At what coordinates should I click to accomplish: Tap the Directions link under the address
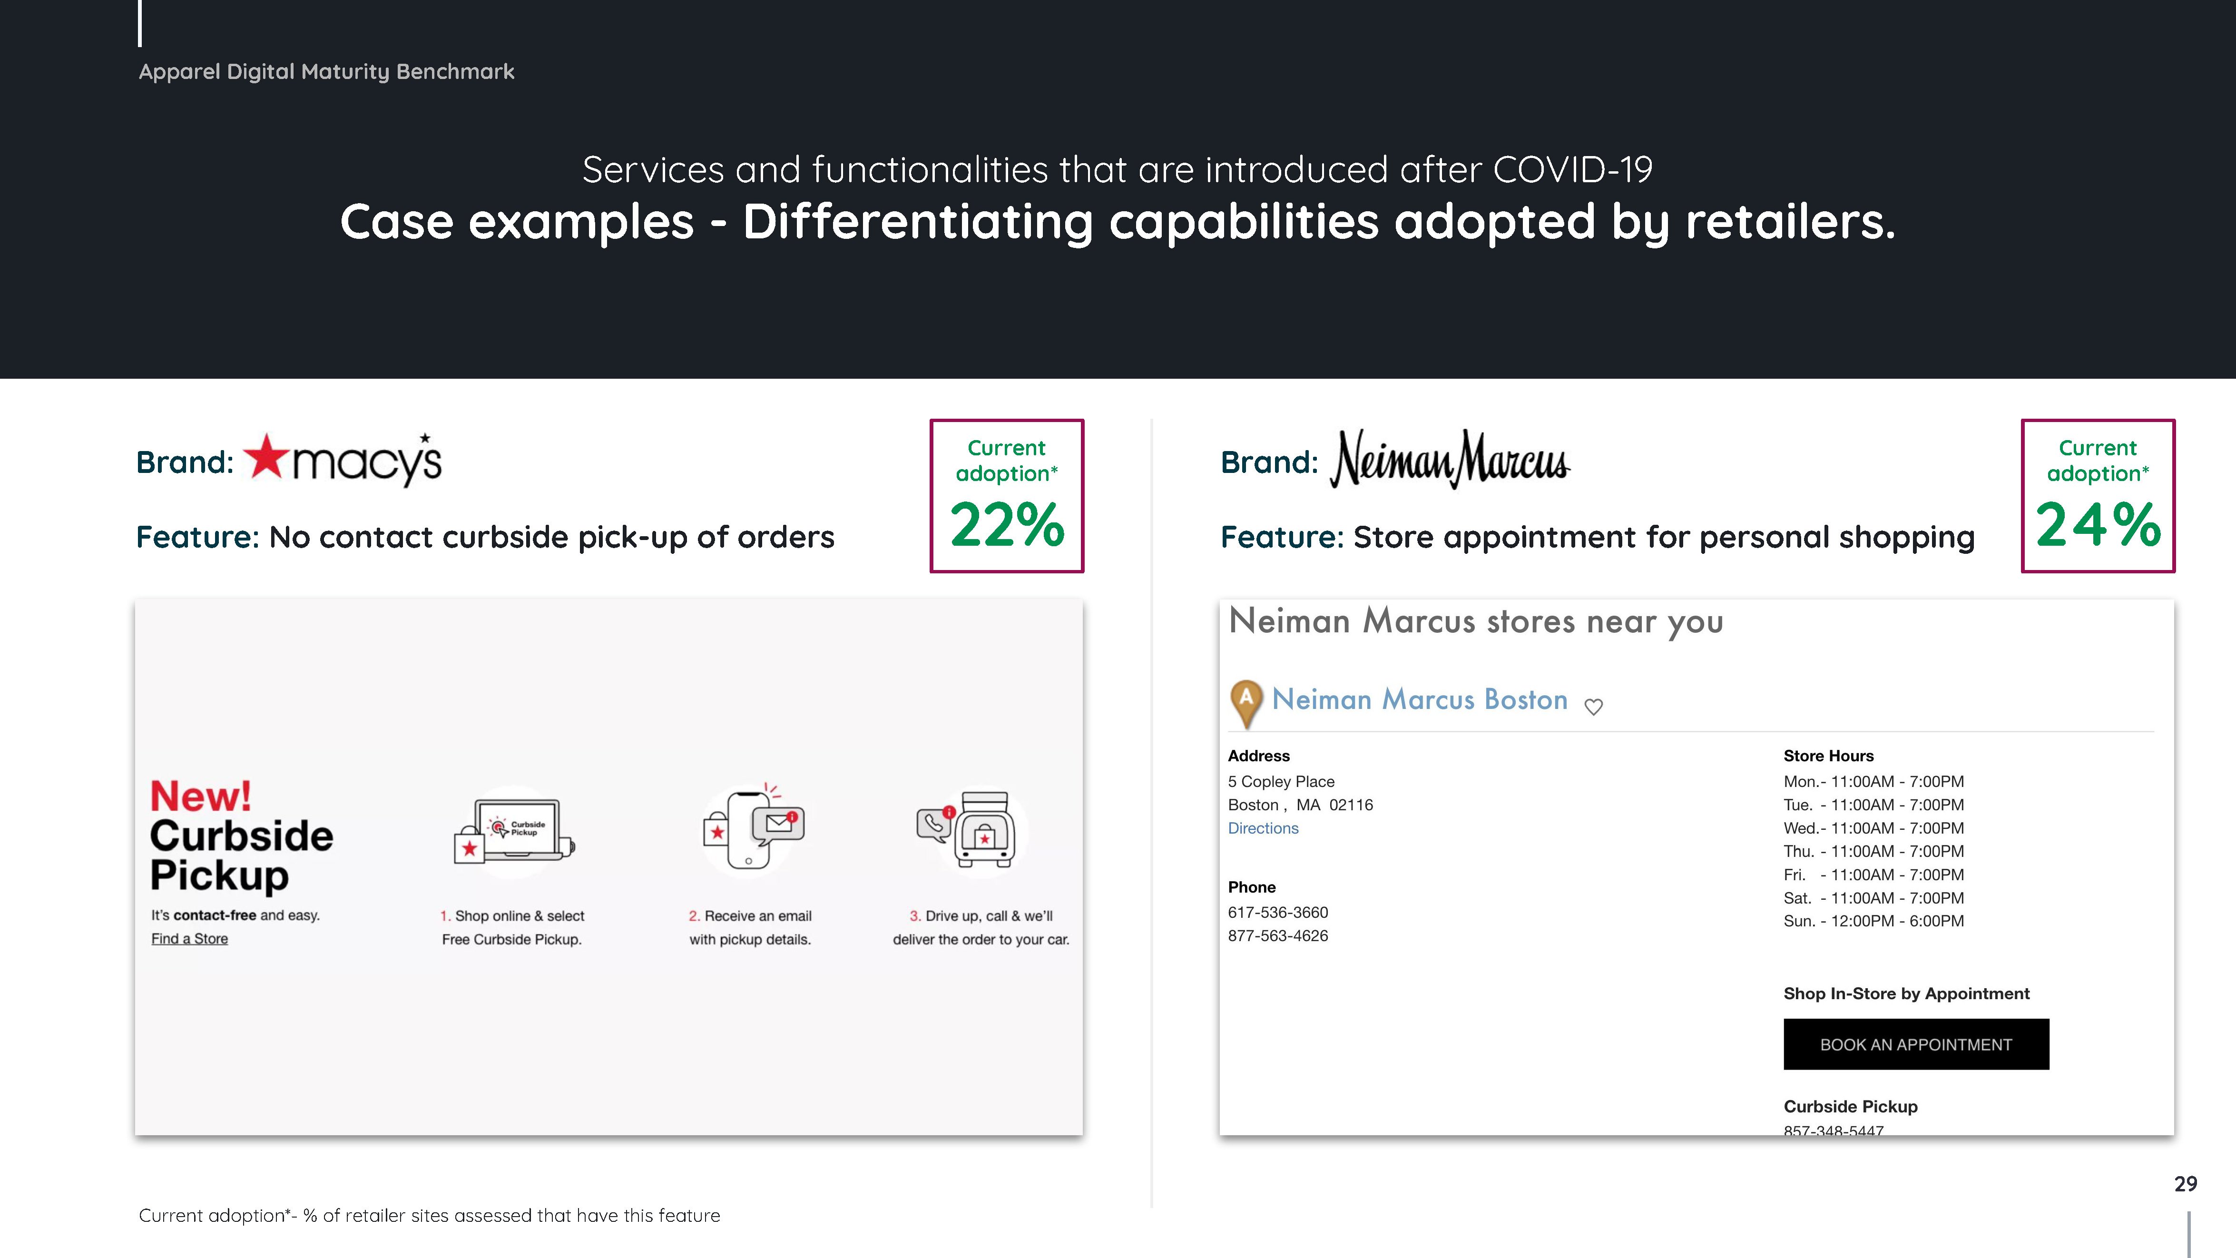point(1263,828)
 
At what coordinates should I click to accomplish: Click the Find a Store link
point(189,939)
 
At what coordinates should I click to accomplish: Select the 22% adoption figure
point(1007,525)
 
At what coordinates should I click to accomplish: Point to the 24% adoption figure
point(2098,525)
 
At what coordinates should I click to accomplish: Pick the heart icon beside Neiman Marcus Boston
point(1594,707)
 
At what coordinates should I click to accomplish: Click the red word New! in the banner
point(200,796)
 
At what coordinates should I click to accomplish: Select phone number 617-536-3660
point(1278,913)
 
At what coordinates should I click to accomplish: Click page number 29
point(2185,1184)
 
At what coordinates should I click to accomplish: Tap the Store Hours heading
point(1828,756)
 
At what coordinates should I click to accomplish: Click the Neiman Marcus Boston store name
point(1419,700)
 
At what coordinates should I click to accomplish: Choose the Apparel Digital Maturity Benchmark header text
point(326,72)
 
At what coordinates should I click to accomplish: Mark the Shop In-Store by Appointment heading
point(1906,994)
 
